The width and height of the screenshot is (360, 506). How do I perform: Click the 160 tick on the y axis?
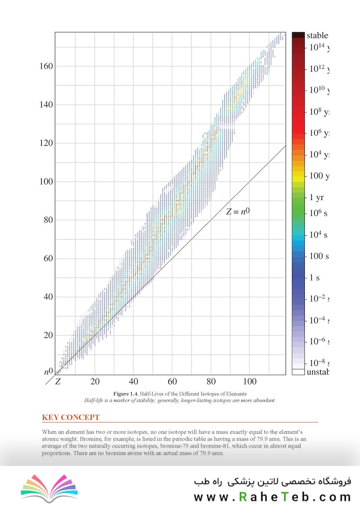pos(46,66)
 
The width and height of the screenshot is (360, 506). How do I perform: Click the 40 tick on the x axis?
pos(134,382)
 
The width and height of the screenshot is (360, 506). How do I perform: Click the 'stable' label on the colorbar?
pos(317,36)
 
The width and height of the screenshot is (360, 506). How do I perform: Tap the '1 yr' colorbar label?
pos(316,198)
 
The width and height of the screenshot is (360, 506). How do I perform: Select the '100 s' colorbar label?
pos(319,256)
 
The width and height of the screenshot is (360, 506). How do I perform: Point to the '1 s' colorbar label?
pos(315,277)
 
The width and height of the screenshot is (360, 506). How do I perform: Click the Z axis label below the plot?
pos(58,381)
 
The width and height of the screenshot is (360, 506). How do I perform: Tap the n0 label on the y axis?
pos(49,372)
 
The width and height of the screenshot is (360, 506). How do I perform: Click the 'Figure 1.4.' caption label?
pos(127,394)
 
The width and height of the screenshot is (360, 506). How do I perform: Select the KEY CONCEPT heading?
pos(71,417)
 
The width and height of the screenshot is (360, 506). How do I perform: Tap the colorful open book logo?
pos(49,488)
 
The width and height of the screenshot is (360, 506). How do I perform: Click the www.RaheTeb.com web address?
pos(272,496)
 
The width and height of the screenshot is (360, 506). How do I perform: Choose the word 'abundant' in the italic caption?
pos(263,401)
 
